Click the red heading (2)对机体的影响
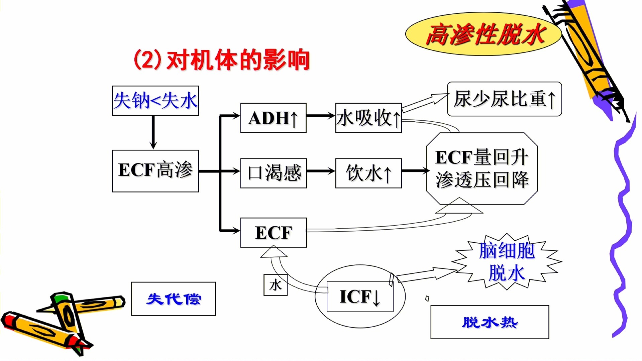(221, 60)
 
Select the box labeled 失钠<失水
(155, 101)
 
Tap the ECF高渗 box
(155, 171)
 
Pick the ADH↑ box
(273, 118)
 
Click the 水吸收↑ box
(368, 118)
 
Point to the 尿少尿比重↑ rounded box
(504, 99)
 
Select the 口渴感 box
(273, 173)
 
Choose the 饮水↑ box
(368, 173)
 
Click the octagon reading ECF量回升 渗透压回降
(481, 168)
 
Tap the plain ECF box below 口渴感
(273, 233)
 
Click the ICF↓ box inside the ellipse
(360, 296)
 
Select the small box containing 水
(275, 285)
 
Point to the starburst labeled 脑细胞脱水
(506, 261)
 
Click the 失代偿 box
(173, 299)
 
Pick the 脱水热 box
(490, 322)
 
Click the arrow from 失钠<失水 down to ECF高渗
(153, 132)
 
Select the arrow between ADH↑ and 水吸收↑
(320, 116)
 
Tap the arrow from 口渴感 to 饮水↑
(320, 171)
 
